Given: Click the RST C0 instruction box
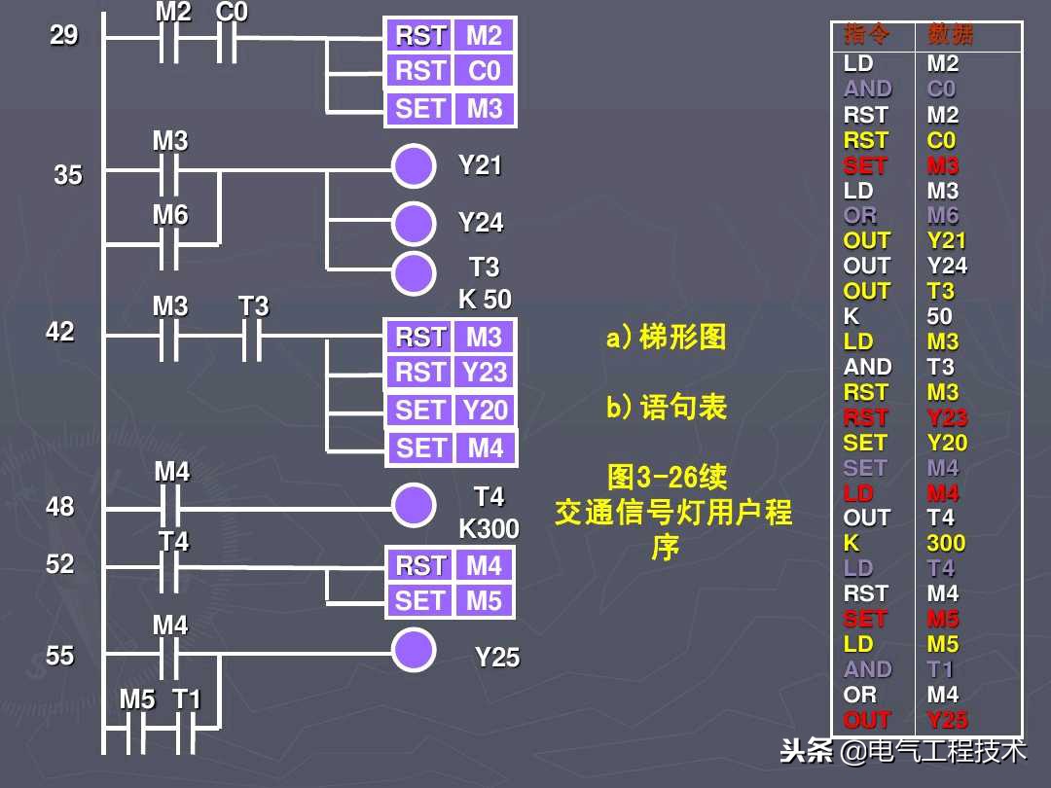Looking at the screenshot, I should tap(451, 72).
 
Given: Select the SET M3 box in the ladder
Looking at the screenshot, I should tap(451, 109).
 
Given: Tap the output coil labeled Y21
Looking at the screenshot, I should tap(414, 167).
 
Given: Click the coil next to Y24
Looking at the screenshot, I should tap(414, 224).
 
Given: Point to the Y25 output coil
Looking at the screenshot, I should tap(414, 650).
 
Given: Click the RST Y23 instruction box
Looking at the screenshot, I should tap(451, 373).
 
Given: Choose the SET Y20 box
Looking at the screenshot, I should tap(451, 411).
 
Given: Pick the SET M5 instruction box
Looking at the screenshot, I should tap(451, 601).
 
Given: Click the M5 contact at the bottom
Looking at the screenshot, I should tap(137, 730).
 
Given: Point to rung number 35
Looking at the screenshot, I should tap(68, 176).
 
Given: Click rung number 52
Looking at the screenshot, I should tap(60, 564).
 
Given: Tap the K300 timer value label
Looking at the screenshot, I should tap(489, 529).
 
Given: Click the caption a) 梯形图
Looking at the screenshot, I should tap(666, 339).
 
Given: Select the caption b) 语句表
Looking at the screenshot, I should tap(666, 408).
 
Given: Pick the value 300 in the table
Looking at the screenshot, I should tap(946, 543).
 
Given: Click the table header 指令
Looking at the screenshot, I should tap(866, 36).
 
